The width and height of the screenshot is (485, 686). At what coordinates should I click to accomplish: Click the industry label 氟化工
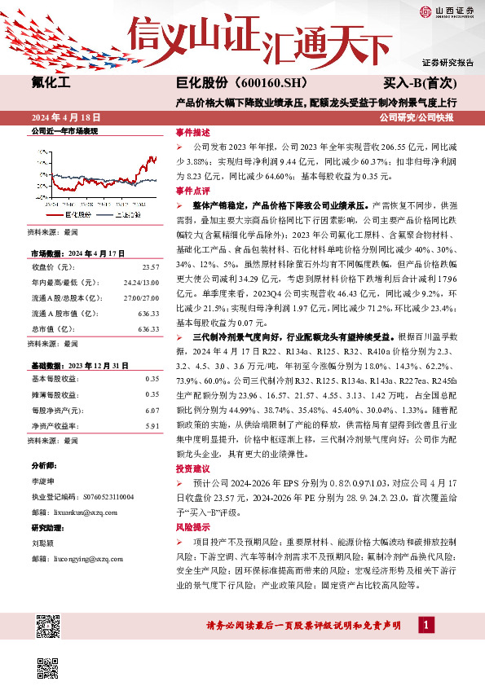(51, 83)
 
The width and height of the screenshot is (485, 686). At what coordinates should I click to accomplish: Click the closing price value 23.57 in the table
(150, 267)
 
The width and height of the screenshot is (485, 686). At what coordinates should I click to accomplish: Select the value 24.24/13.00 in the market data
(143, 280)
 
